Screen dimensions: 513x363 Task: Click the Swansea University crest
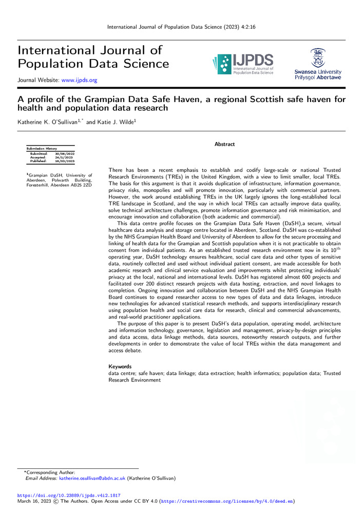click(318, 57)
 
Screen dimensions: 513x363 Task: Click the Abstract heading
click(224, 144)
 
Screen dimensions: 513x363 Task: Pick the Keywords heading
click(121, 366)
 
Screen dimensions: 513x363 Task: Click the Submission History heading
click(42, 148)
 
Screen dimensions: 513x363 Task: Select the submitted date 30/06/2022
click(65, 153)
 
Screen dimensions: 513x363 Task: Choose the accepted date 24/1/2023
click(64, 157)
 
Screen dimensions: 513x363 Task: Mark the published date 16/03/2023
click(65, 161)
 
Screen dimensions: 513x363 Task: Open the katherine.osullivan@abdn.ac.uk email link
click(92, 478)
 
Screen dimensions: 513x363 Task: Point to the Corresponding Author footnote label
click(50, 472)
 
